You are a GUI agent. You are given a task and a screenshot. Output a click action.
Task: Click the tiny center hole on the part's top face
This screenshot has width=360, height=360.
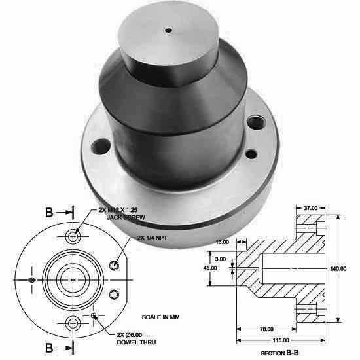[170, 30]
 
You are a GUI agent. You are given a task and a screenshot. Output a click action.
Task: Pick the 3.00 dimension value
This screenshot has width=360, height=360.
[221, 259]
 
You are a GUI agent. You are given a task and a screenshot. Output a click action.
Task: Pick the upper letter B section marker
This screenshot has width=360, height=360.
[50, 213]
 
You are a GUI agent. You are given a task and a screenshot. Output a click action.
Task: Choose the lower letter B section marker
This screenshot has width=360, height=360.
[50, 348]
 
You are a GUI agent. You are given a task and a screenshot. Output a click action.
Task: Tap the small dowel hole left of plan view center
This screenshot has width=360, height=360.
[32, 279]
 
